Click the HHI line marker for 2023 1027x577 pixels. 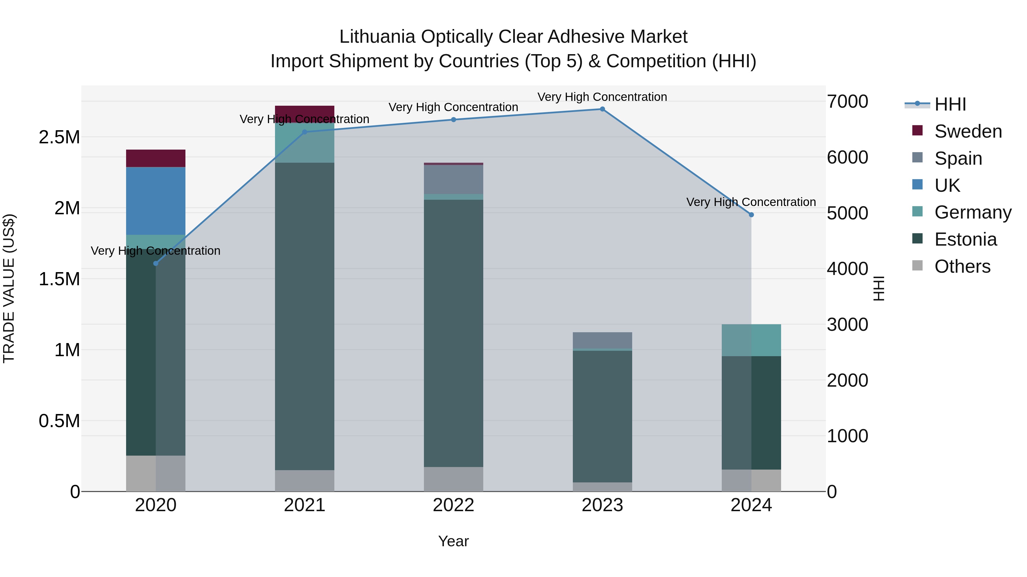[x=602, y=109]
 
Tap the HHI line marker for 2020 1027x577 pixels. [x=155, y=263]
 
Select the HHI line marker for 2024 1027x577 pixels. [x=751, y=215]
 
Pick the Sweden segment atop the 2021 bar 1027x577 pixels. [x=305, y=113]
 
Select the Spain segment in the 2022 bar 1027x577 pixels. [x=453, y=179]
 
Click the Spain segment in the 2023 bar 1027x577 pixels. [x=602, y=340]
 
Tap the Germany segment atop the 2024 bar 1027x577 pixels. [x=751, y=340]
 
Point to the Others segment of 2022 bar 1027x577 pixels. [x=453, y=479]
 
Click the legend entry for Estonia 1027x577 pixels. [x=965, y=239]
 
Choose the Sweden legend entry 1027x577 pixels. [x=968, y=131]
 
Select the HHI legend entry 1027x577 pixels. [x=950, y=104]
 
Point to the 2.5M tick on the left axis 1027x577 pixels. [x=59, y=137]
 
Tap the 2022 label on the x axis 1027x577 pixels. [x=453, y=505]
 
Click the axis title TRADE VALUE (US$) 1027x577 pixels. [x=9, y=288]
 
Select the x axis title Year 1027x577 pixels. [x=453, y=541]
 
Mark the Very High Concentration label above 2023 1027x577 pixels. [x=602, y=97]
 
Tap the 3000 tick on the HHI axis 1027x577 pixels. [x=847, y=325]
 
